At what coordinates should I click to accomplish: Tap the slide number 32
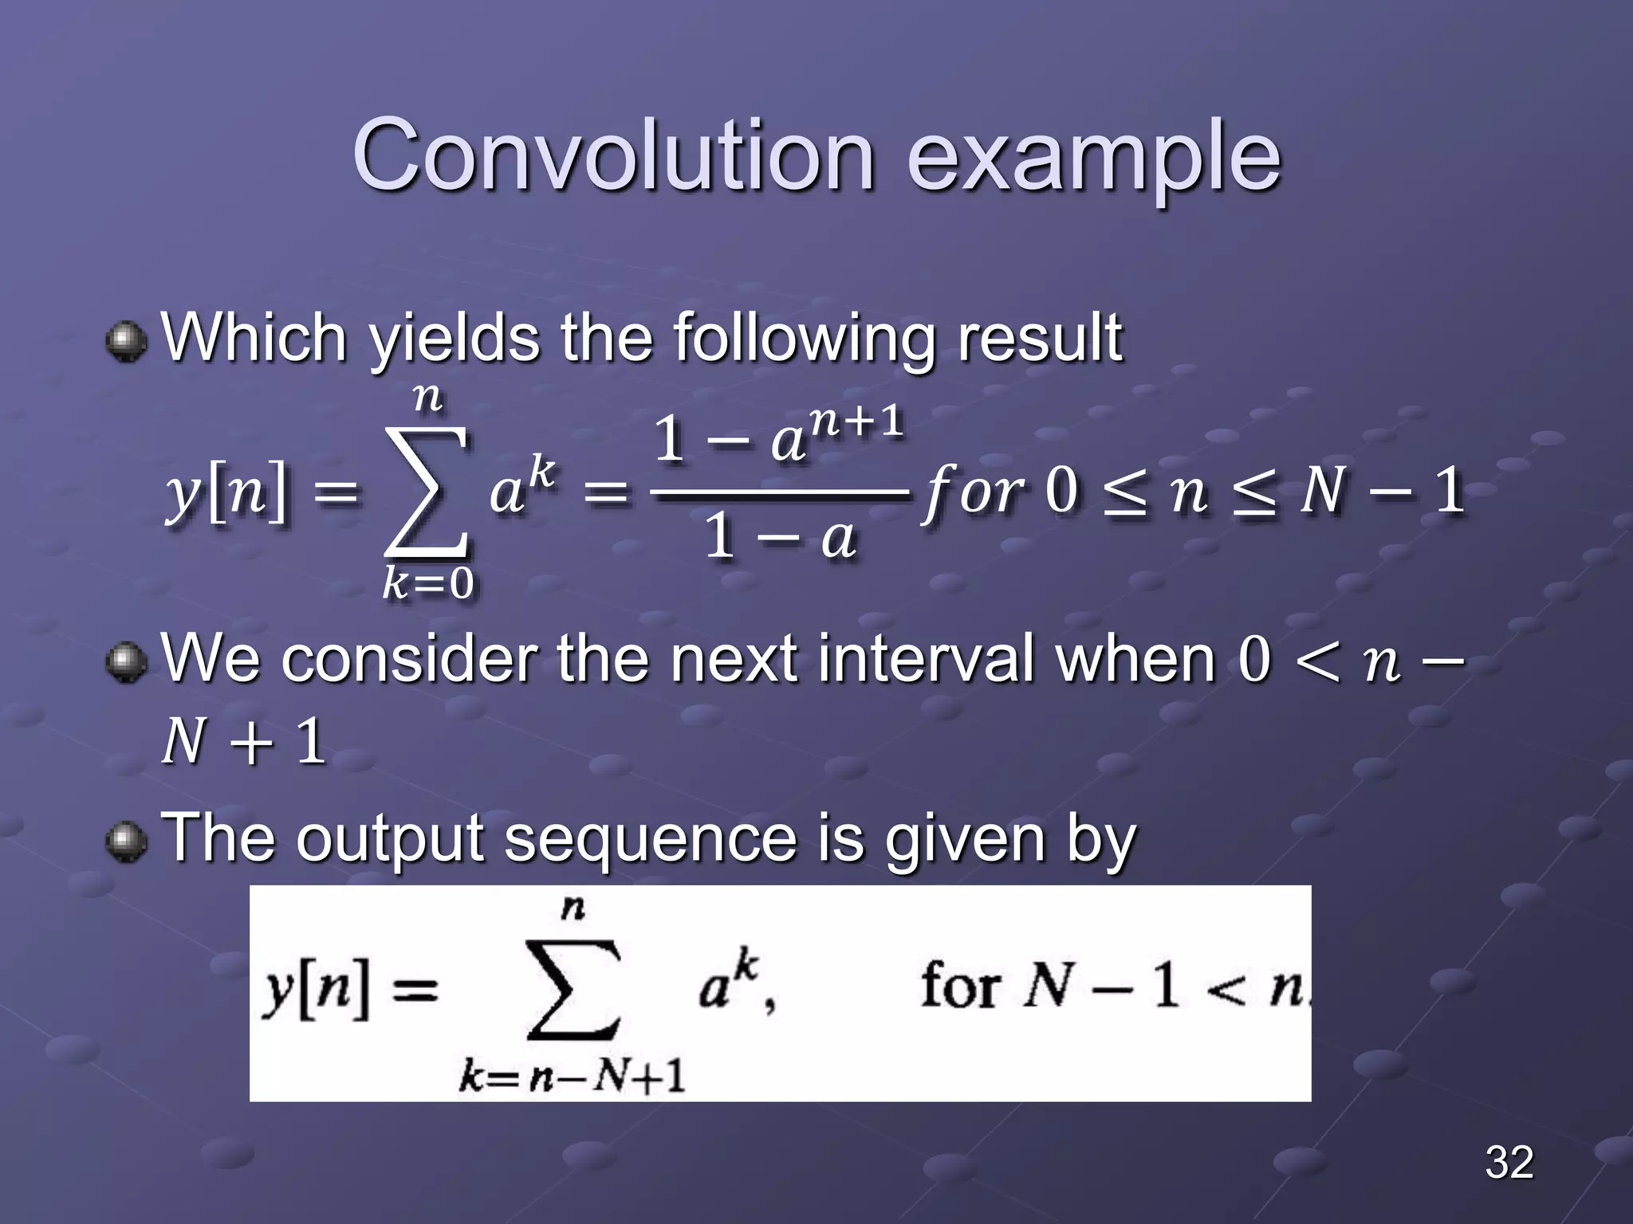pos(1509,1162)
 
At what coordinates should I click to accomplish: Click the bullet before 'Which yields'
pos(126,342)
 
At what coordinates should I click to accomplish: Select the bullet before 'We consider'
pos(126,663)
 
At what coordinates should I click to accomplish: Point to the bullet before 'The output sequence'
pos(126,842)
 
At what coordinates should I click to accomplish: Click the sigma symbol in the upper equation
pos(426,492)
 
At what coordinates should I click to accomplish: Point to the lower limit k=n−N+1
pos(572,1078)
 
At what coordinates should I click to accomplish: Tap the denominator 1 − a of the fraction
pos(780,538)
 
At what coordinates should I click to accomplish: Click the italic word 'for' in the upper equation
pos(973,492)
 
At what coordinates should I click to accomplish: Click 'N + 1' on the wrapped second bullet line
pos(243,741)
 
